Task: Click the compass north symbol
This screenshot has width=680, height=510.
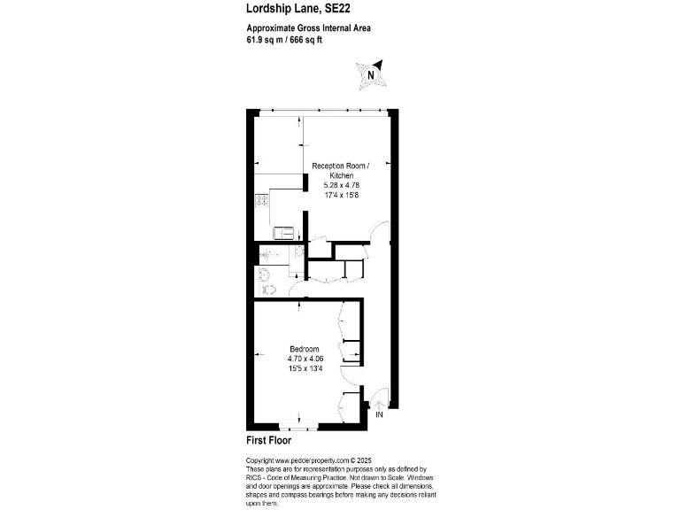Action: click(369, 74)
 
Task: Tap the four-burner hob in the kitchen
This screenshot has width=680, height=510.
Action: click(262, 200)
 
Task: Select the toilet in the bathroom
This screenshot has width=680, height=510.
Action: click(270, 289)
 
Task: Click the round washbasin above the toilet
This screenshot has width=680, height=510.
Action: click(262, 274)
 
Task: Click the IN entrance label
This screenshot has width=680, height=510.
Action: click(379, 414)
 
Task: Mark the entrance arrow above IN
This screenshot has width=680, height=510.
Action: click(379, 404)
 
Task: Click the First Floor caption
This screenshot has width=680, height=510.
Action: click(268, 440)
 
